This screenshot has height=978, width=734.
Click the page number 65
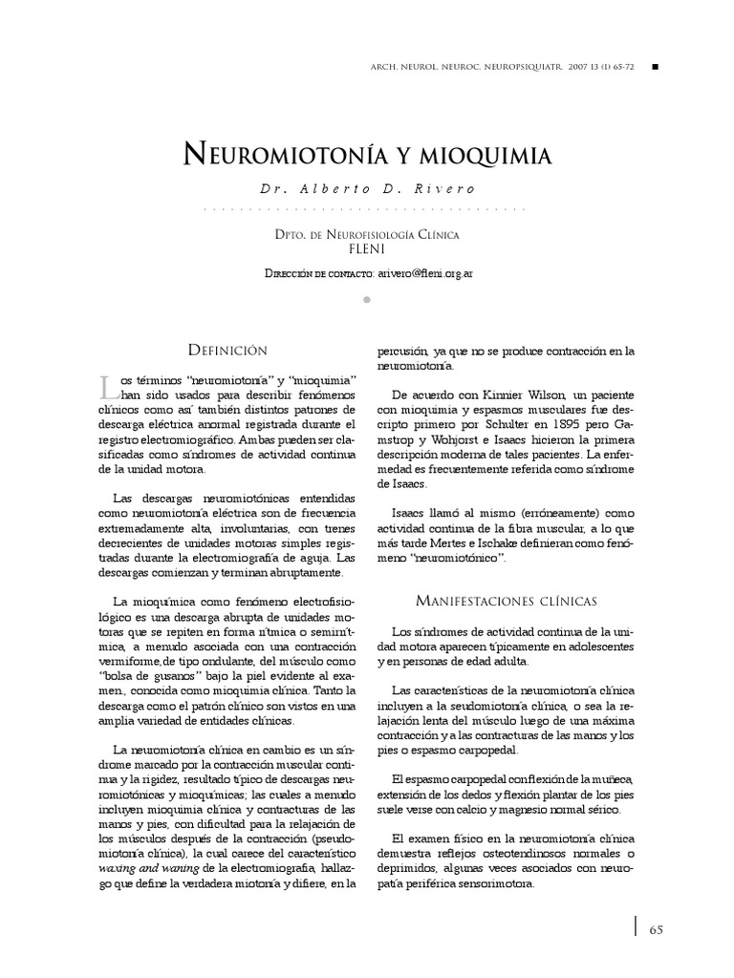pyautogui.click(x=656, y=929)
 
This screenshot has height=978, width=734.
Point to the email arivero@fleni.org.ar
pyautogui.click(x=424, y=273)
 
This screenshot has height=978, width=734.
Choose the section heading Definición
pyautogui.click(x=227, y=351)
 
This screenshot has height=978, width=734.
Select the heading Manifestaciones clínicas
pyautogui.click(x=507, y=601)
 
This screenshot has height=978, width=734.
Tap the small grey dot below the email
pyautogui.click(x=367, y=300)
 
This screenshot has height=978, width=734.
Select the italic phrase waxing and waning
pyautogui.click(x=148, y=867)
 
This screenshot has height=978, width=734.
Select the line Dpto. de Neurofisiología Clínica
pyautogui.click(x=367, y=233)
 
